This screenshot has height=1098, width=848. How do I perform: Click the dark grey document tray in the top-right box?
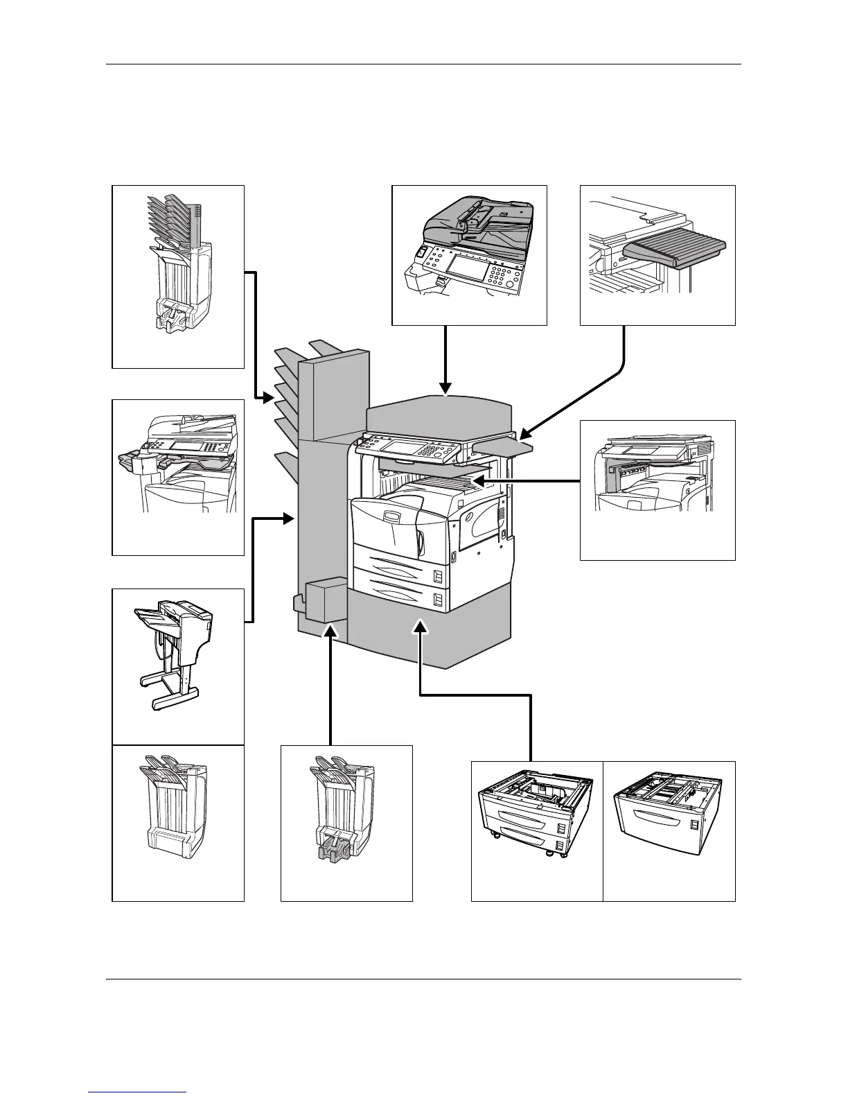point(674,253)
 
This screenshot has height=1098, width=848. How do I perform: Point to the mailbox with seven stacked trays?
point(176,263)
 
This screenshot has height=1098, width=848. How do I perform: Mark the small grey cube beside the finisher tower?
point(324,598)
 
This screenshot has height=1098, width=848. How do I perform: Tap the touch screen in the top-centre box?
point(468,265)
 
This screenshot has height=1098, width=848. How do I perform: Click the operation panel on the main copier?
point(409,451)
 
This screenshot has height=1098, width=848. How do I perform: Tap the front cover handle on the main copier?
point(392,517)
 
